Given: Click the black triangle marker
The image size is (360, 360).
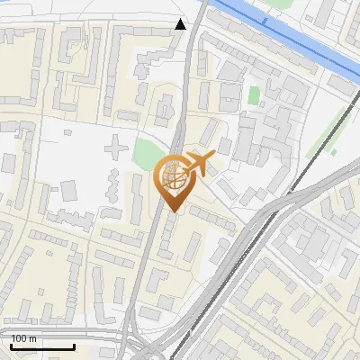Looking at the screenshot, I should coord(181,24).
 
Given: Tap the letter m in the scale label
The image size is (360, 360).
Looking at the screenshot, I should coord(33,338).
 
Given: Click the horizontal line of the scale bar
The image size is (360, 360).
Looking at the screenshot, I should coord(41,346).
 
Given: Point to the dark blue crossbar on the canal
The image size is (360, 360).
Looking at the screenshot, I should coord(265,20).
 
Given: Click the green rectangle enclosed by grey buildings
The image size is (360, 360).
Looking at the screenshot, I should coord(254,94).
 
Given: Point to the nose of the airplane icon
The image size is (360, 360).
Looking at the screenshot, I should coord(213,157).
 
